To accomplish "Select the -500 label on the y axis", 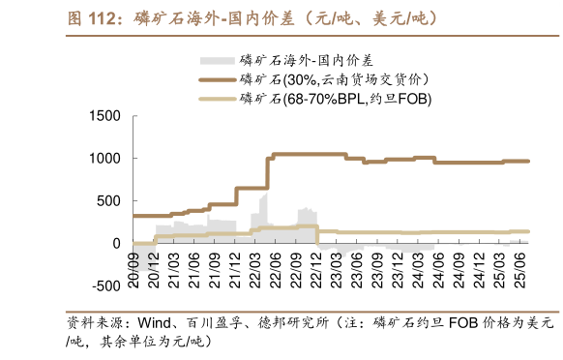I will coord(102,286).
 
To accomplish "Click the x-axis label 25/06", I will coord(519,263).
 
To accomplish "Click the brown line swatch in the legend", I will coord(218,78).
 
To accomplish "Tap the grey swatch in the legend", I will coord(218,59).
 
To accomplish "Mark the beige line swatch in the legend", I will coord(218,99).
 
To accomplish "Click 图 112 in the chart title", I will coord(93,17).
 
